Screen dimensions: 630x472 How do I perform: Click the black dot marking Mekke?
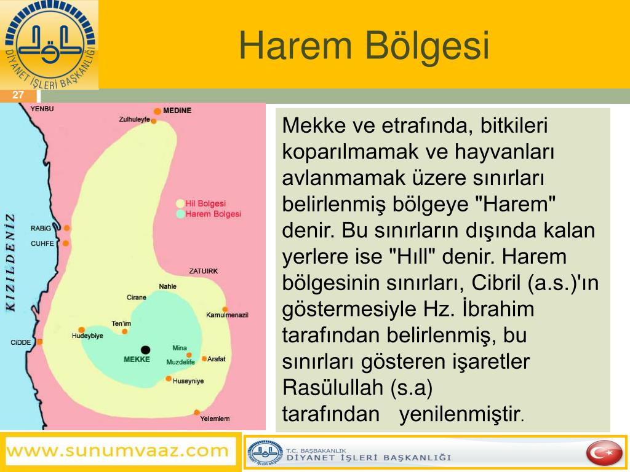tap(145, 350)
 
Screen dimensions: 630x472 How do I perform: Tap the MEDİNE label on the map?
tap(177, 111)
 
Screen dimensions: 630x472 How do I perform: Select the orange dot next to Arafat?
tap(204, 358)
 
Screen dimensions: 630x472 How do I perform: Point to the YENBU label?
tap(42, 109)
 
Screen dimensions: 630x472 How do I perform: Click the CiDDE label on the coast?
tap(21, 342)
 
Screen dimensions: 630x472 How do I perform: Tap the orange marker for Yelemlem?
tap(197, 412)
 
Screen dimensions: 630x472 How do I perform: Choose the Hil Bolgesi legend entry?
tap(201, 203)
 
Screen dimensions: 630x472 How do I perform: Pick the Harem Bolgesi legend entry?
tap(209, 214)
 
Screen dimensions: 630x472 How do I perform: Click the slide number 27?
tap(18, 95)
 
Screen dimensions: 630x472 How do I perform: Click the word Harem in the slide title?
tap(295, 45)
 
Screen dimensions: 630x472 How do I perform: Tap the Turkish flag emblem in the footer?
tap(604, 453)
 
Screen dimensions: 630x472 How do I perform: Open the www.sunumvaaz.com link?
tap(118, 450)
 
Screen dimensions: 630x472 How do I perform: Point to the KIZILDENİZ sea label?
tap(10, 262)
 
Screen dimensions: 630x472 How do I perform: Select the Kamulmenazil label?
tap(227, 315)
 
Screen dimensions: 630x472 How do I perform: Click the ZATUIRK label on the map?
tap(203, 271)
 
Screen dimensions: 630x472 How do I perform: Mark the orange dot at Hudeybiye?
tap(82, 330)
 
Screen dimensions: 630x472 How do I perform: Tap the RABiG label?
tap(41, 229)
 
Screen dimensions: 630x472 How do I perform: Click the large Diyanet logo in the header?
tap(49, 45)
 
